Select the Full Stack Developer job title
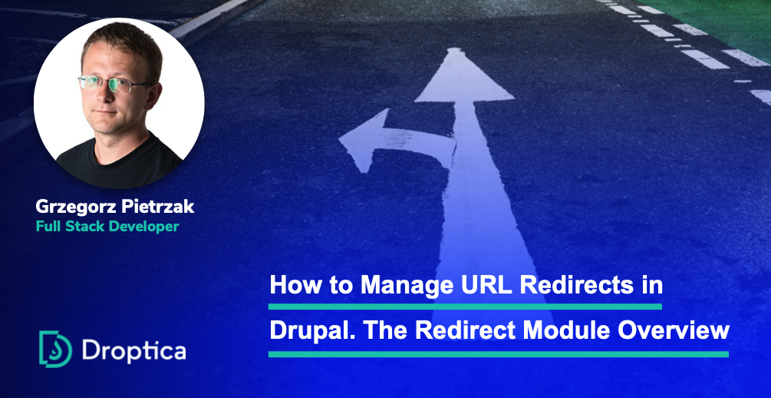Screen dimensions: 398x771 [x=107, y=227]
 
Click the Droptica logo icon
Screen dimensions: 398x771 [x=55, y=349]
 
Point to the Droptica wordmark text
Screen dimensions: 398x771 [x=133, y=350]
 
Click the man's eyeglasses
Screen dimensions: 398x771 [x=110, y=84]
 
